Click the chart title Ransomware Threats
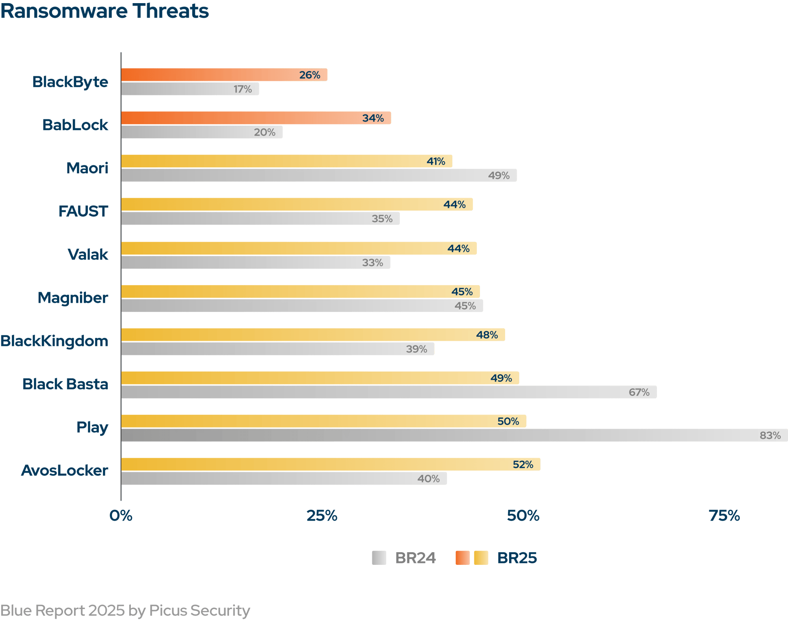pos(104,11)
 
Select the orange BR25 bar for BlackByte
pos(224,75)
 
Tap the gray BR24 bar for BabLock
pos(201,132)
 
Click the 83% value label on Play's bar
pos(770,435)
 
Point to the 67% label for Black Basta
pos(639,392)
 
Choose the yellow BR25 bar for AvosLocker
pos(330,464)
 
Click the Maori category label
pos(87,168)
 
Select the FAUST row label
pos(83,212)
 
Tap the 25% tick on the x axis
pos(322,516)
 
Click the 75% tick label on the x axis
pos(724,516)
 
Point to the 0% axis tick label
pos(121,516)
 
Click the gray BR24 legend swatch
pos(379,558)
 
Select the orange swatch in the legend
pos(463,558)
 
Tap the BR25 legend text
pos(517,558)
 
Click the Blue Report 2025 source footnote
pos(125,611)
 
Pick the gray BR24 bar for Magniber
pos(302,306)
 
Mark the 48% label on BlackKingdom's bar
pos(487,335)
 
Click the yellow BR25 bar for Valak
pos(299,248)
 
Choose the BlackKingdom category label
pos(54,341)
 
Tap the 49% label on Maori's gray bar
pos(499,176)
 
